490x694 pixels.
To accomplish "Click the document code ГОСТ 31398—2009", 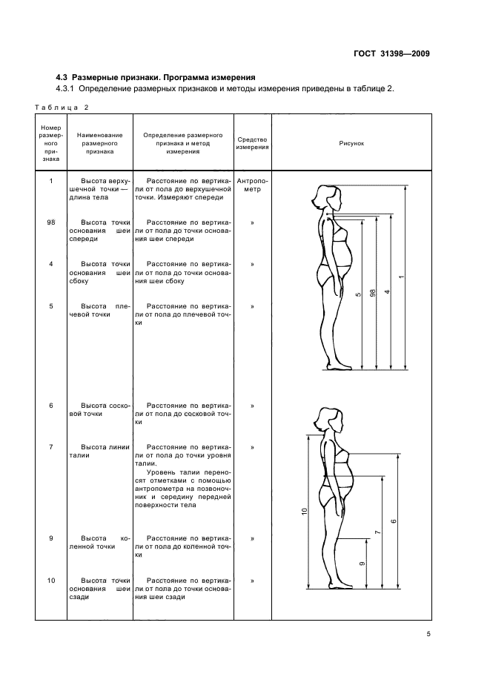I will [394, 53].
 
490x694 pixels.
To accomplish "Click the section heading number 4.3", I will [64, 76].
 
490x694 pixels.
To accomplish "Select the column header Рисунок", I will [351, 142].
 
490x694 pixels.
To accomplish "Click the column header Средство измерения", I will [252, 142].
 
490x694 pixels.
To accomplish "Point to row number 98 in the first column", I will [50, 222].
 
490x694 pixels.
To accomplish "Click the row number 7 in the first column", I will [50, 447].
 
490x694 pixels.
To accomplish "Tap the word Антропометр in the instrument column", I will [252, 185].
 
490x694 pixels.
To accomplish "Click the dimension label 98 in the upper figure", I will [373, 292].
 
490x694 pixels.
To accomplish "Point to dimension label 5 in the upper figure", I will [358, 295].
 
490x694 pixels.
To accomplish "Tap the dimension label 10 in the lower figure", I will [304, 512].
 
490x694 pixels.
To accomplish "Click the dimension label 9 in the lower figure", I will [362, 564].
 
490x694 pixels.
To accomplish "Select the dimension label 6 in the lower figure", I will [393, 521].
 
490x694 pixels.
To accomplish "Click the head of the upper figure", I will [327, 197].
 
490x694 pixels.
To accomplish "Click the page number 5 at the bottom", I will [428, 634].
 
